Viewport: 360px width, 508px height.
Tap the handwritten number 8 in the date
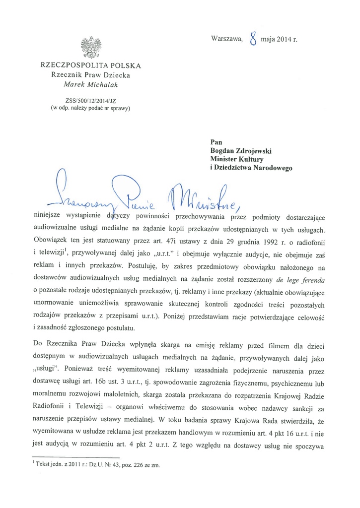pos(253,38)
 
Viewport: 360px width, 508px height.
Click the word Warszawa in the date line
pos(226,39)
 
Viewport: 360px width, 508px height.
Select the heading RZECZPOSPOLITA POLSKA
pos(91,65)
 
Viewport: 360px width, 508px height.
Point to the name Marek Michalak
pos(91,85)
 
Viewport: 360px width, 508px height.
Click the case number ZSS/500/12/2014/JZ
pos(91,99)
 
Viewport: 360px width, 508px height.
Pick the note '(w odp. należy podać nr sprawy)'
pos(91,107)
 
